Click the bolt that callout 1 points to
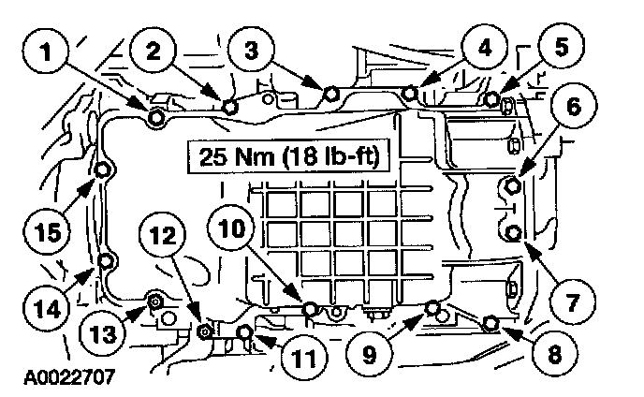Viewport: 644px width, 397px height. [x=156, y=117]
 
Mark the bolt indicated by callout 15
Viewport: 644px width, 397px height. [x=103, y=170]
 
